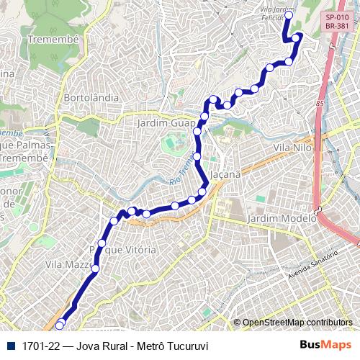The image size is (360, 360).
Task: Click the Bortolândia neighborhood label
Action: pyautogui.click(x=91, y=96)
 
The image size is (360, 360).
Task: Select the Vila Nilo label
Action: pyautogui.click(x=291, y=147)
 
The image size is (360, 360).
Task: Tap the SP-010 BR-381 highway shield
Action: pyautogui.click(x=337, y=22)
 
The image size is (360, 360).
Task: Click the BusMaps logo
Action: pyautogui.click(x=325, y=346)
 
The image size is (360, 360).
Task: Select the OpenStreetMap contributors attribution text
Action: pyautogui.click(x=296, y=323)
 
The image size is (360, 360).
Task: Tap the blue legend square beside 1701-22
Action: pyautogui.click(x=10, y=346)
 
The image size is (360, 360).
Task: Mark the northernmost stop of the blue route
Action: pyautogui.click(x=289, y=15)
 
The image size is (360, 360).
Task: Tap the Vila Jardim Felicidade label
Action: pyautogui.click(x=279, y=13)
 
